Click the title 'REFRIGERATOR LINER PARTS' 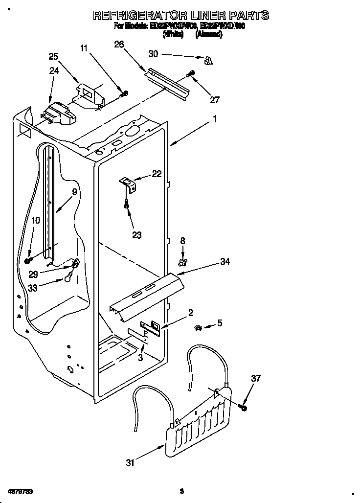click(180, 16)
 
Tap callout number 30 click(154, 54)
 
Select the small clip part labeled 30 click(208, 60)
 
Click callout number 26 click(119, 45)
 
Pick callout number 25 click(53, 56)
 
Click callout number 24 click(54, 70)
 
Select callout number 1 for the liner click(214, 118)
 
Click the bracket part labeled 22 click(128, 183)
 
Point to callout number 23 click(137, 235)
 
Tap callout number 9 click(74, 192)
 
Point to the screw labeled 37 click(243, 407)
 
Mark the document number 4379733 click(21, 490)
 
